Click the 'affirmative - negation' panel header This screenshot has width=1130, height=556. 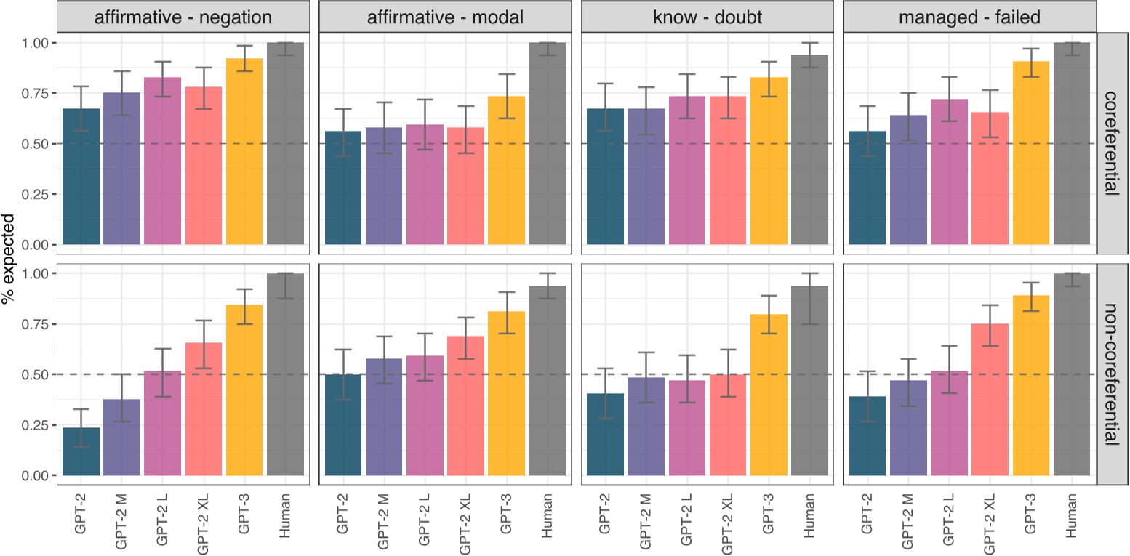pos(183,17)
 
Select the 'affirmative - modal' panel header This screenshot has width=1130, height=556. pos(446,17)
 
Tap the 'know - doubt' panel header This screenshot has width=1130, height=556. pos(708,17)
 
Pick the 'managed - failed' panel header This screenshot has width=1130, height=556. pos(969,17)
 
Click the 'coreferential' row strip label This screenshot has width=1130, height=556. pos(1112,142)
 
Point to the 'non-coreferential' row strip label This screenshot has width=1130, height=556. pos(1112,374)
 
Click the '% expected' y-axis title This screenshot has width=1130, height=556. pos(9,259)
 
